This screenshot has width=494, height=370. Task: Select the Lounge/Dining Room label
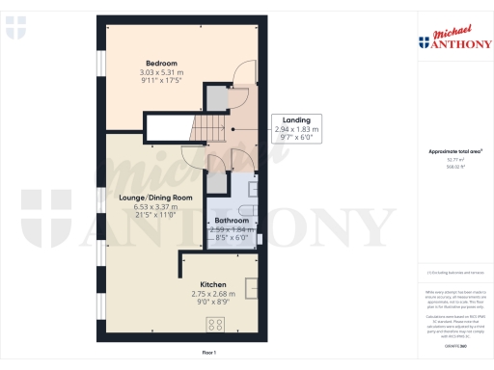(155, 198)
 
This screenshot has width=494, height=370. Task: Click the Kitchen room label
(213, 285)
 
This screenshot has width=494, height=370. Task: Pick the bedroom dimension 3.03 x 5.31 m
(161, 72)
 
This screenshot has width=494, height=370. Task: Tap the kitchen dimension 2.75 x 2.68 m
(213, 294)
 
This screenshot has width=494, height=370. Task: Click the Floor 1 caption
(207, 355)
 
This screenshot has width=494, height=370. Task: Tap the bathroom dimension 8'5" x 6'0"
(232, 238)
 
